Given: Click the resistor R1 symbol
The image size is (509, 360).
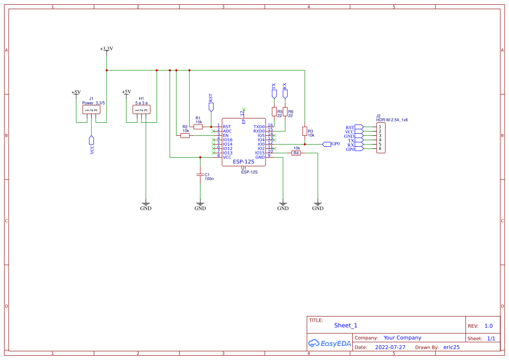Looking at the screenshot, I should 198,127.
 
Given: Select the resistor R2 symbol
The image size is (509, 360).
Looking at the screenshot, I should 185,135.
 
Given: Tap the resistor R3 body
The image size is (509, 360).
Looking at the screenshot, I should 305,131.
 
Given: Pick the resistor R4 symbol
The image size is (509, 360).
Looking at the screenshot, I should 296,153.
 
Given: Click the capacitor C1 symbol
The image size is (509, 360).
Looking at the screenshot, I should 200,175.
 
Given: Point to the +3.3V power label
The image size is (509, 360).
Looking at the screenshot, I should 106,49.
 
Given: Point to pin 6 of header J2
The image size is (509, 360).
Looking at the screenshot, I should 380,149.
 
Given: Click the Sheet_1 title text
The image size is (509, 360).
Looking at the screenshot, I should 346,325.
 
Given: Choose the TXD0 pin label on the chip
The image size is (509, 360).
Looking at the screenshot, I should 259,127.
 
